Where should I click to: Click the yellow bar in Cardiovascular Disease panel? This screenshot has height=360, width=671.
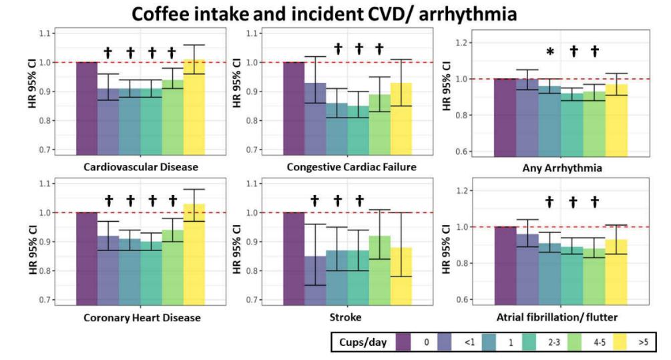tap(194, 107)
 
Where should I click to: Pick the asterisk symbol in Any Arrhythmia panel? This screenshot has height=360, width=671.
tap(550, 52)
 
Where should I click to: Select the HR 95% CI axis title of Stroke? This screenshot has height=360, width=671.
tap(237, 242)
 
